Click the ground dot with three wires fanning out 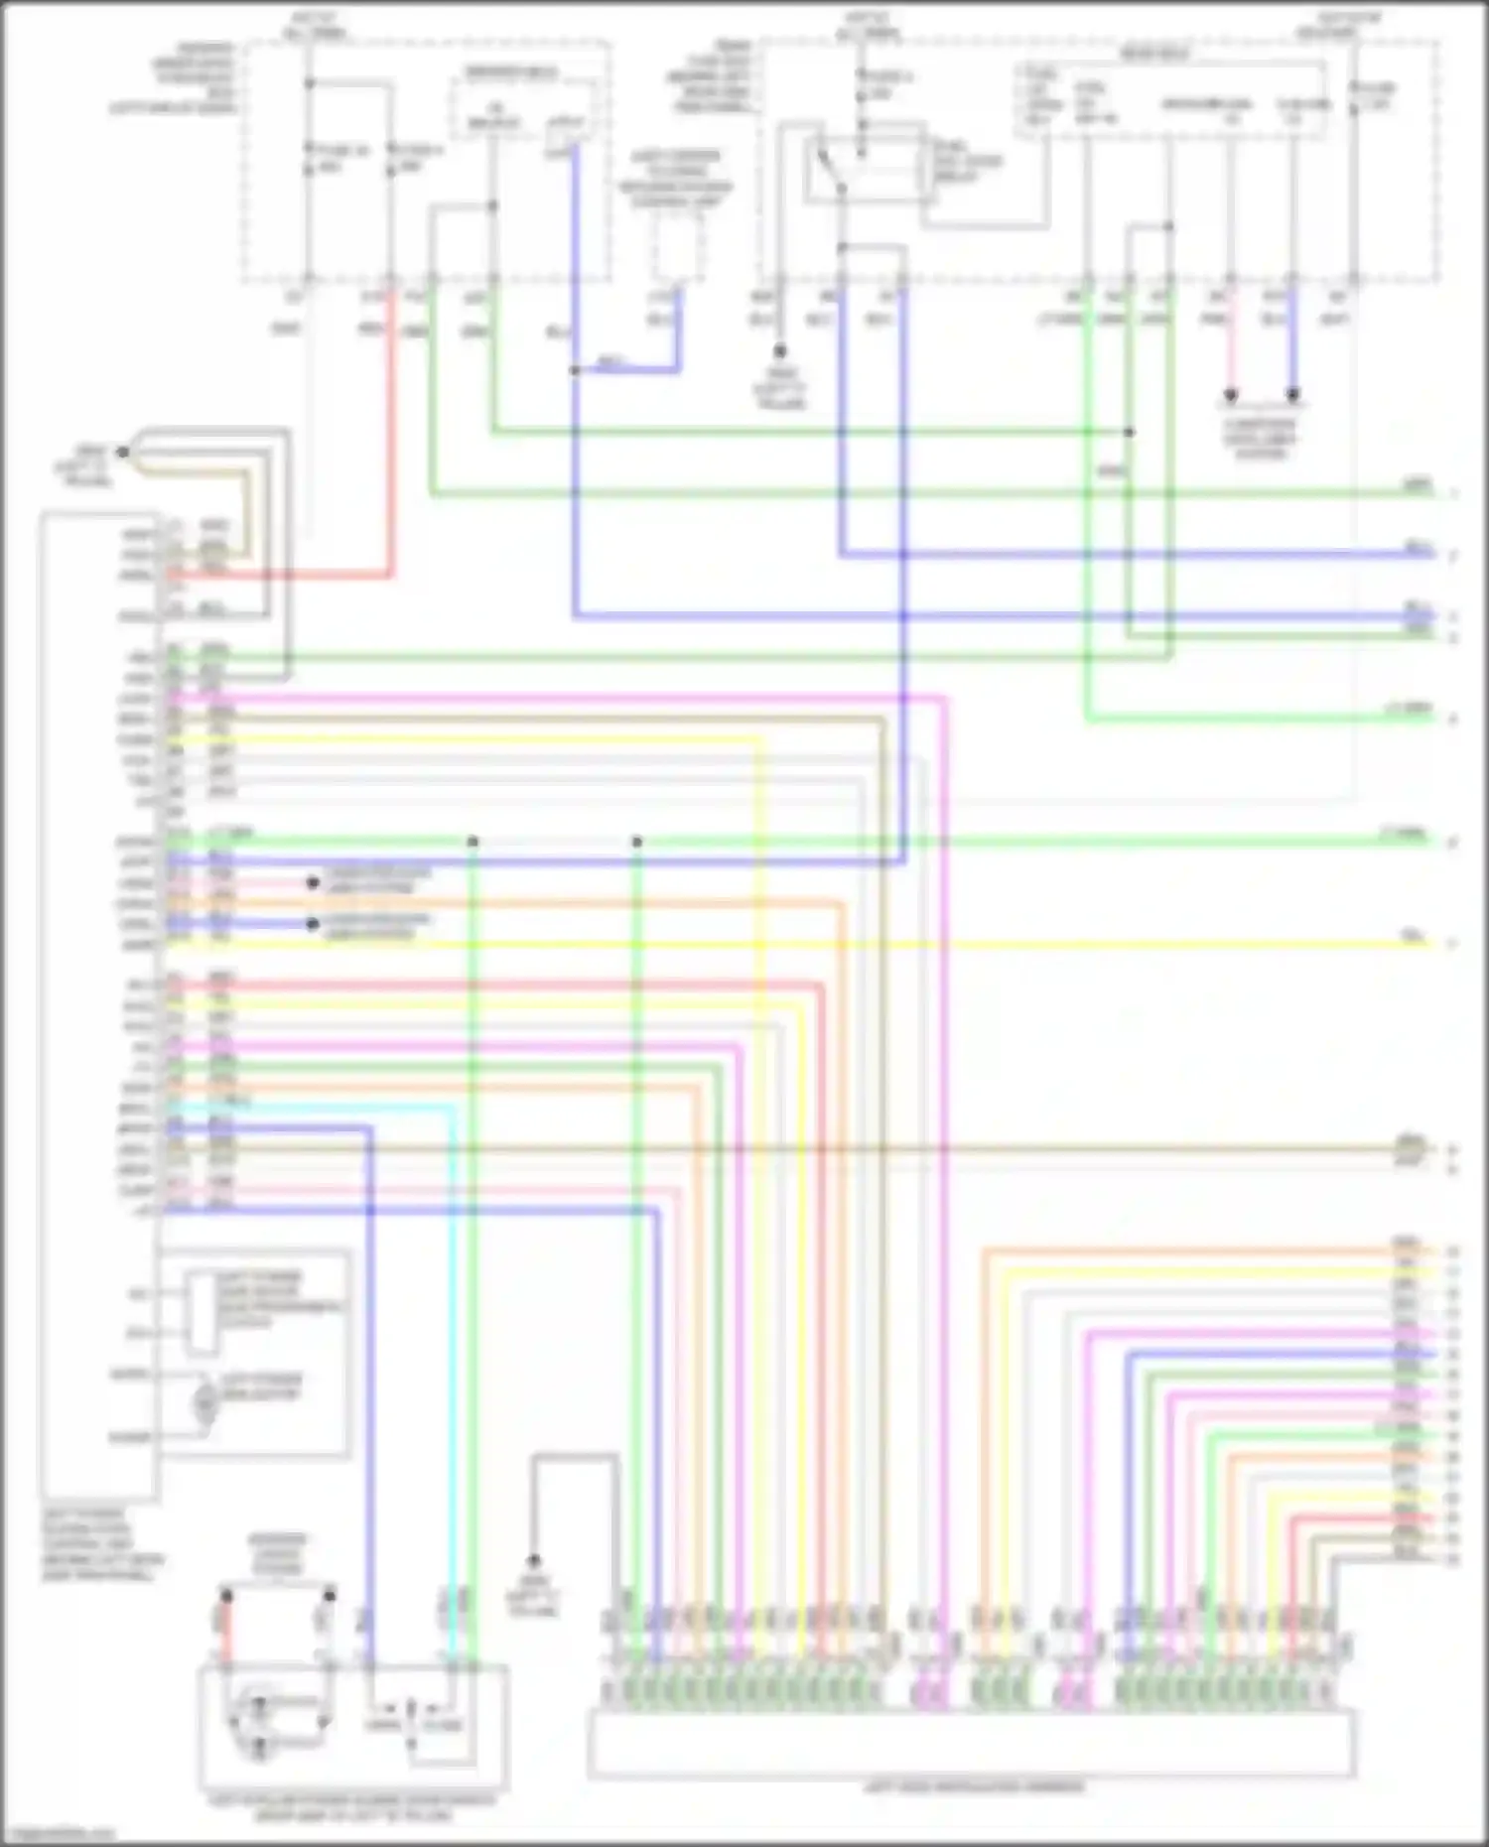pos(123,453)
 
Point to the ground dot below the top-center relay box pos(780,350)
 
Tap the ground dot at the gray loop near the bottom pos(533,1561)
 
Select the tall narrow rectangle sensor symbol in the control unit pos(203,1314)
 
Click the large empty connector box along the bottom pos(971,1743)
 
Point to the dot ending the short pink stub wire pos(312,882)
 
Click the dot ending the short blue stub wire pos(312,924)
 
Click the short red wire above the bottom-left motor pos(226,1633)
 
